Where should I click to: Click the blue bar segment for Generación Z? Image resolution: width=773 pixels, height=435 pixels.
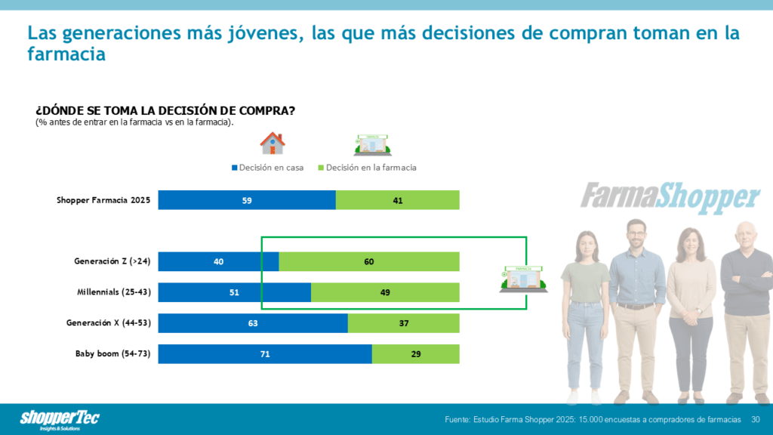pos(218,261)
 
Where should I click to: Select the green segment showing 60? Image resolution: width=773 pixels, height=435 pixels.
pos(369,261)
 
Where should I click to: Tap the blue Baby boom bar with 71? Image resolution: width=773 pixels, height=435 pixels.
pos(265,353)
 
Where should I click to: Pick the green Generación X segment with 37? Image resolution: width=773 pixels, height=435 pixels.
pos(403,323)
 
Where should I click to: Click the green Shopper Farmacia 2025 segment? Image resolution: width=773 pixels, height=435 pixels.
pos(397,200)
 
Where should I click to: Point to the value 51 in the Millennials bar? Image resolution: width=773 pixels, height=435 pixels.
pos(234,292)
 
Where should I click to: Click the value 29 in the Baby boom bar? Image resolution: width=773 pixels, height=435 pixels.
pos(416,353)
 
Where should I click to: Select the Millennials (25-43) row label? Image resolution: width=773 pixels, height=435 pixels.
pos(114,292)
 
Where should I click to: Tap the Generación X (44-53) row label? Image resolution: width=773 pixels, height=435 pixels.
pos(109,323)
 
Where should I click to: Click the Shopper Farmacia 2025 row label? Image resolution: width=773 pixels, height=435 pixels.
pos(104,200)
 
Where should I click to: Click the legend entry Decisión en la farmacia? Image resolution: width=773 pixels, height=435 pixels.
pos(367,168)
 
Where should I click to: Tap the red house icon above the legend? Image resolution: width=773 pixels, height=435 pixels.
pos(273,143)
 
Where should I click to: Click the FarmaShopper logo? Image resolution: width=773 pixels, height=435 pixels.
pos(670,196)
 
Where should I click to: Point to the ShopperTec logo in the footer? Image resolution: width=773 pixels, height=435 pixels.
pos(60,419)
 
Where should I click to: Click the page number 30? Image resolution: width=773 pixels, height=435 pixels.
pos(756,419)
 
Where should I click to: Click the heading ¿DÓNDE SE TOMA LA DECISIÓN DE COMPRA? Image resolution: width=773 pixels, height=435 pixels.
pos(165,111)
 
